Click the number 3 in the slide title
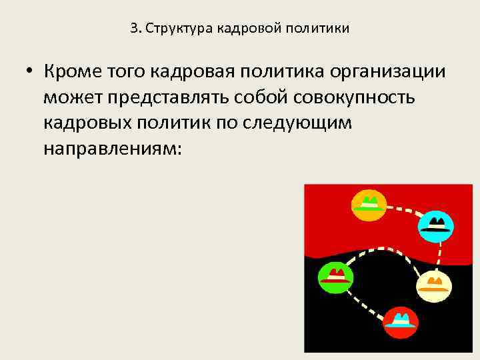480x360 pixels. (x=133, y=29)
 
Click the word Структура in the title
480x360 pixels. (x=175, y=29)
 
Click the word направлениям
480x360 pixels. (x=111, y=148)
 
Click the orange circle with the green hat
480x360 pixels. (x=369, y=205)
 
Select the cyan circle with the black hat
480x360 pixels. (x=437, y=225)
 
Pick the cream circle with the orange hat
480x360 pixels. (x=434, y=285)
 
